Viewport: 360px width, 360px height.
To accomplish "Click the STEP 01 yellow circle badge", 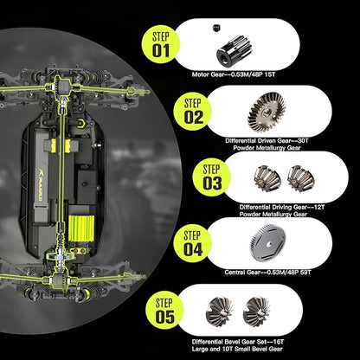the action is (x=161, y=45).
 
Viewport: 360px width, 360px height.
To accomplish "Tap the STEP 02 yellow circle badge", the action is (x=193, y=112).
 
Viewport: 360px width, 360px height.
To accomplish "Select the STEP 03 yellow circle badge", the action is (x=212, y=177).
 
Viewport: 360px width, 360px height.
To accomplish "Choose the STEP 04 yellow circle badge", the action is (x=193, y=243).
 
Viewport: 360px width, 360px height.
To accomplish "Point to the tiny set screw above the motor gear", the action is (x=216, y=28).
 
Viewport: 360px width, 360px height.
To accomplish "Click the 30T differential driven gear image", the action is (x=267, y=112).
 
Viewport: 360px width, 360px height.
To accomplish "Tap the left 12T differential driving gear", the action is (x=267, y=178).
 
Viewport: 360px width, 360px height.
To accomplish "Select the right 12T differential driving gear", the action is (x=301, y=178).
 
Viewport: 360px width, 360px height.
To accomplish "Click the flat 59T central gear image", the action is (x=267, y=243).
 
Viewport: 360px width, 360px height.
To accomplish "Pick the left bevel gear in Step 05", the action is (x=219, y=312).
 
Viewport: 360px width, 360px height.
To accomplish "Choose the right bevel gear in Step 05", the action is (x=256, y=312).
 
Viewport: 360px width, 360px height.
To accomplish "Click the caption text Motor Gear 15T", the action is (x=234, y=74).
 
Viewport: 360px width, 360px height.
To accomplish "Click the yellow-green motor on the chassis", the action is (x=81, y=228).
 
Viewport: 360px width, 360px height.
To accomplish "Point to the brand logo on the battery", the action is (x=40, y=184).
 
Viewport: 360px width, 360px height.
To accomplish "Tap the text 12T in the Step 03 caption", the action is (x=319, y=208).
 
